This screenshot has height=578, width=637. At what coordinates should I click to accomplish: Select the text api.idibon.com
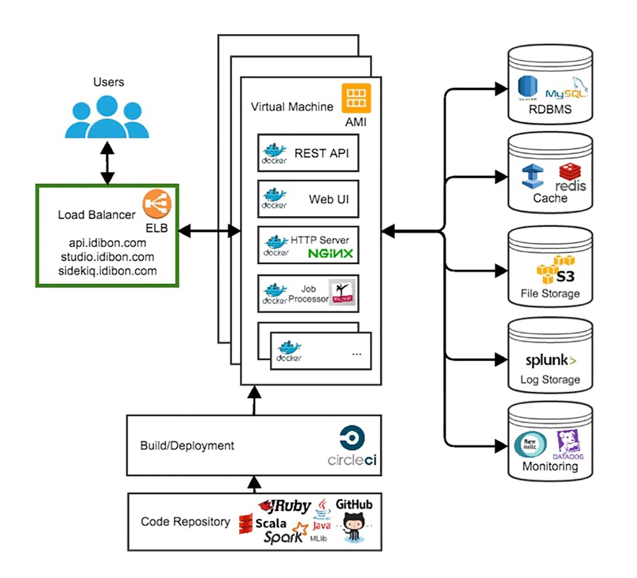pyautogui.click(x=107, y=243)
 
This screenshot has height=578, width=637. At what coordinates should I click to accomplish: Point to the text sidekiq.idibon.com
pyautogui.click(x=107, y=271)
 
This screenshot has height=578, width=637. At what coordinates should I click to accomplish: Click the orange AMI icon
pyautogui.click(x=356, y=98)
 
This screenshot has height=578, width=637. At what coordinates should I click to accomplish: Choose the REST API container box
pyautogui.click(x=308, y=153)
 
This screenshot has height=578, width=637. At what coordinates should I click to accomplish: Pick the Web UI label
pyautogui.click(x=329, y=199)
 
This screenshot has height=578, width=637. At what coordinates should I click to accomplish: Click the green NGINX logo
pyautogui.click(x=330, y=253)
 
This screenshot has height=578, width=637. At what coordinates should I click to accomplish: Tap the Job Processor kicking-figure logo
pyautogui.click(x=342, y=292)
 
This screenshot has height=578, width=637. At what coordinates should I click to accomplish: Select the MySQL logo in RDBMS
pyautogui.click(x=566, y=90)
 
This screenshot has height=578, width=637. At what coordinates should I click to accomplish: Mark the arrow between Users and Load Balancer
pyautogui.click(x=107, y=162)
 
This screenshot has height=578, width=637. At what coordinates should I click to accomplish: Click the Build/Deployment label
pyautogui.click(x=187, y=446)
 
